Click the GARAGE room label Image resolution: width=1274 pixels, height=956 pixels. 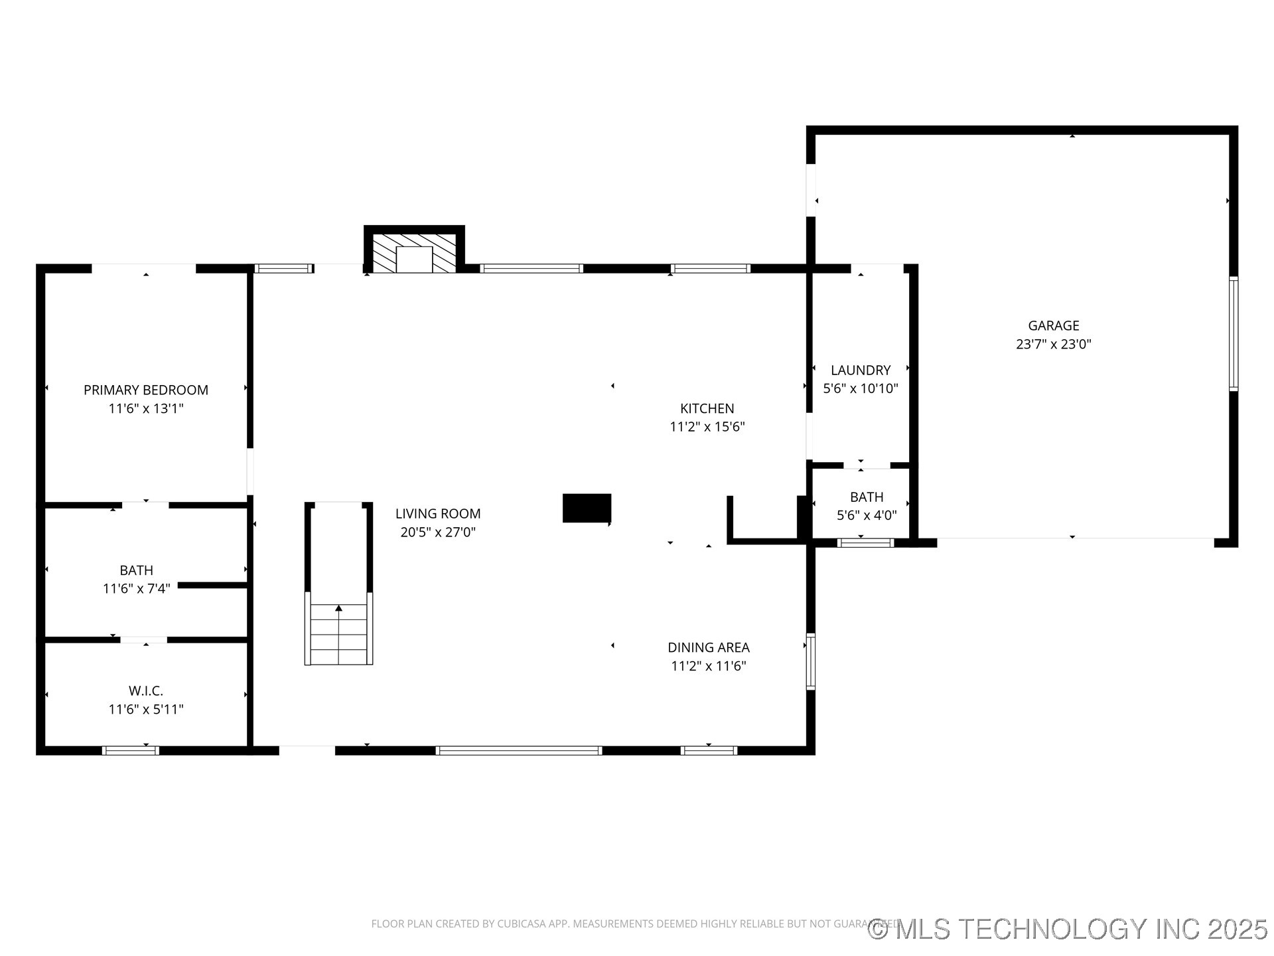[x=1053, y=325]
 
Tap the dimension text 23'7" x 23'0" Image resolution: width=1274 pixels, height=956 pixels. [x=1053, y=344]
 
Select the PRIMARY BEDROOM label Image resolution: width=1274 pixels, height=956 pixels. [x=146, y=390]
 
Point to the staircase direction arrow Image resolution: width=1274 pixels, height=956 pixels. [x=338, y=608]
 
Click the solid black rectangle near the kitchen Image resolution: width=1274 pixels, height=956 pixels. [x=587, y=508]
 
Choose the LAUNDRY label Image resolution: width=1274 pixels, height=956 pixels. [x=861, y=370]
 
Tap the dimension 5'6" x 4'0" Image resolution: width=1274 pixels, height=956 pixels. [x=866, y=515]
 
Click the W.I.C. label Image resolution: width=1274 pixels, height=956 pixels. [x=146, y=690]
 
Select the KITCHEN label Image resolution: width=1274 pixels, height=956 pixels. [x=707, y=408]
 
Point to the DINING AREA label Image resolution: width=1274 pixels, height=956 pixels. [x=708, y=647]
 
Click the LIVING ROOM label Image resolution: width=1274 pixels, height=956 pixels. [x=438, y=513]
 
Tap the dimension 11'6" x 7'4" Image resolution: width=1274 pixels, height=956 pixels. [x=137, y=588]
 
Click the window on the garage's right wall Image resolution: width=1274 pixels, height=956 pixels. [x=1233, y=333]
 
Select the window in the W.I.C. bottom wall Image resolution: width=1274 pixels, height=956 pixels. [x=131, y=750]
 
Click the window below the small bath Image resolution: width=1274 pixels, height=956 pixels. [x=865, y=542]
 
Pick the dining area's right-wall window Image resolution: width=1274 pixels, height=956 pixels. [x=810, y=662]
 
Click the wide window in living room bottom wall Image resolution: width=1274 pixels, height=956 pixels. [x=519, y=750]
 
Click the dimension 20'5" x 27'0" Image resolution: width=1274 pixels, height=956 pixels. [x=438, y=532]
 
